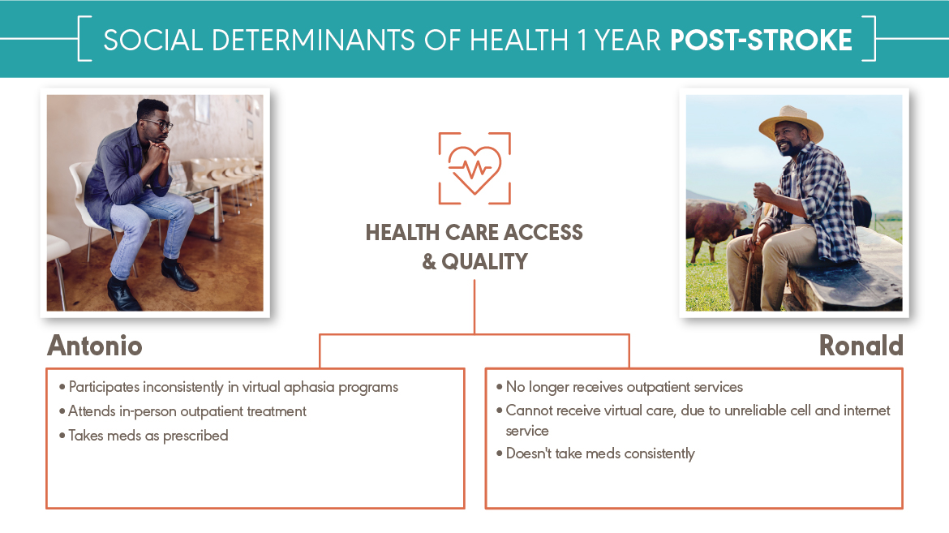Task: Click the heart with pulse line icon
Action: coord(474,169)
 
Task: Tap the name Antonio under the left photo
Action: coord(95,346)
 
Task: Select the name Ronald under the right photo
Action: coord(861,346)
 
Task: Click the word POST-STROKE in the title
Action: coord(761,40)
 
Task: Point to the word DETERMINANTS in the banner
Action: coord(315,40)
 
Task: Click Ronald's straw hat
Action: coord(791,123)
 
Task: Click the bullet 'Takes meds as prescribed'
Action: coord(144,436)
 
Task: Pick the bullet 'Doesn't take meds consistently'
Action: coord(595,453)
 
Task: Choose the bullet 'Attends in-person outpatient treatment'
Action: coord(182,412)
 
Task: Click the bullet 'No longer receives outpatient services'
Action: coord(619,388)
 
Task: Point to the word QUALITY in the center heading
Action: coord(484,262)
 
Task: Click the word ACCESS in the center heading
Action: coord(543,233)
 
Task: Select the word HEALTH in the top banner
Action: coord(518,40)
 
